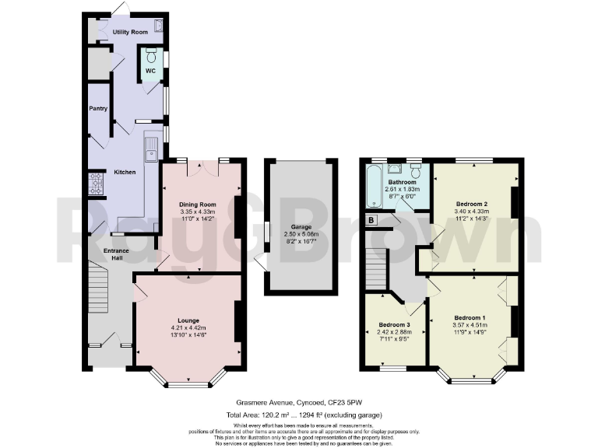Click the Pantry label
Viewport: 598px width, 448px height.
point(97,109)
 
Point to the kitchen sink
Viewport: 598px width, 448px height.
point(151,144)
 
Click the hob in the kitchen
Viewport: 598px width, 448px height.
point(98,184)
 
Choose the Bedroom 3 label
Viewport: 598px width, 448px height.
point(394,324)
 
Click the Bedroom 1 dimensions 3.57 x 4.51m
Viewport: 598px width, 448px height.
point(470,326)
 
